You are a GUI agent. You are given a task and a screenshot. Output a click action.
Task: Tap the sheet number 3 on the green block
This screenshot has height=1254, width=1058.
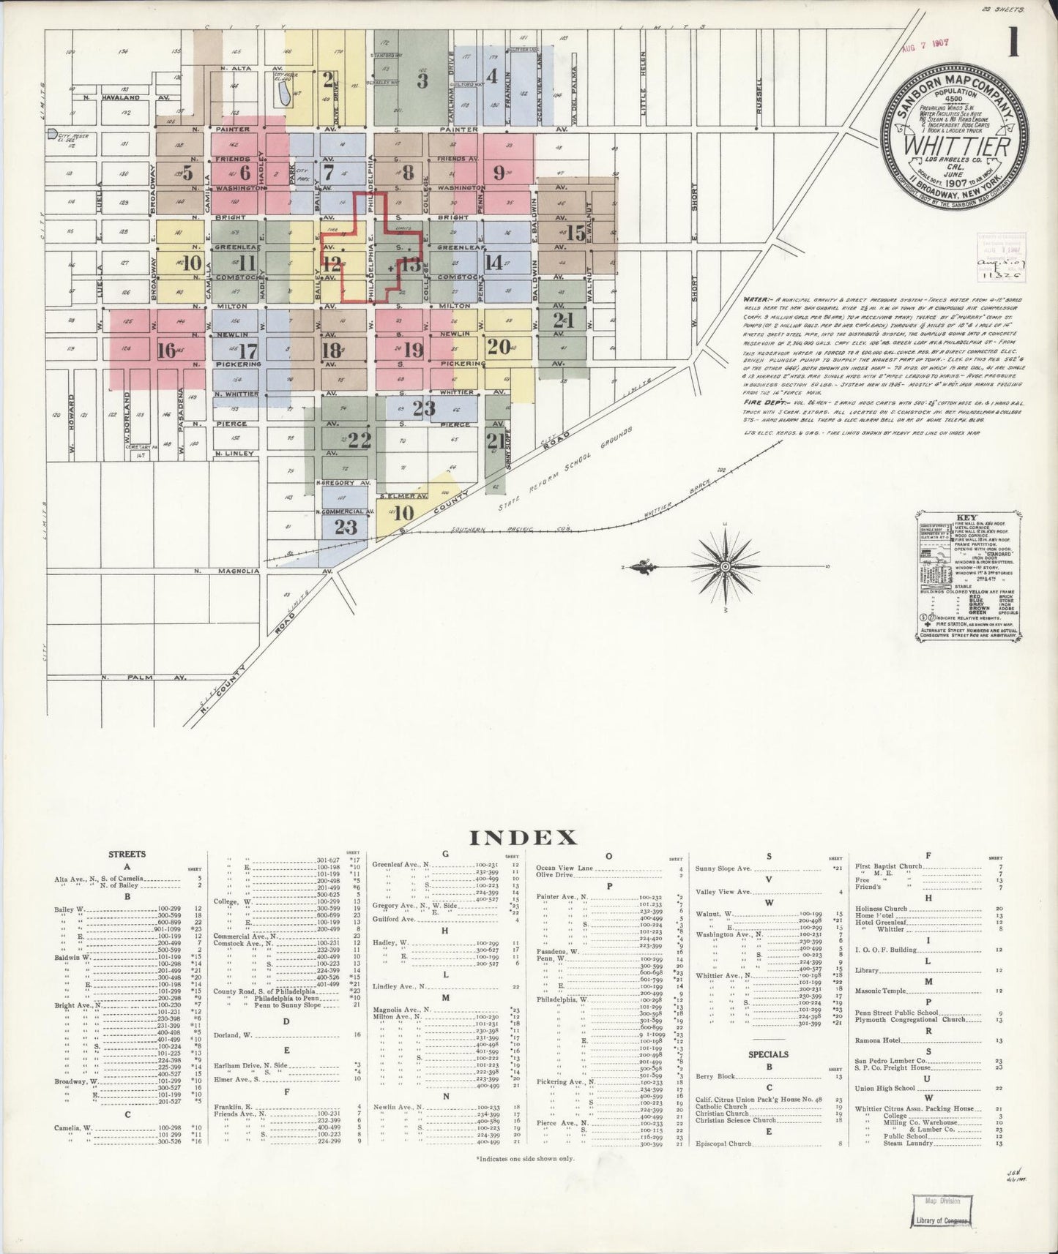pyautogui.click(x=422, y=80)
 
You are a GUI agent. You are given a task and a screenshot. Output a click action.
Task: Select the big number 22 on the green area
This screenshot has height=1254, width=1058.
pyautogui.click(x=359, y=440)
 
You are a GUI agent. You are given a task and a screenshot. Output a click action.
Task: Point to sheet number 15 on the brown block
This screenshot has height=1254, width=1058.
pyautogui.click(x=575, y=233)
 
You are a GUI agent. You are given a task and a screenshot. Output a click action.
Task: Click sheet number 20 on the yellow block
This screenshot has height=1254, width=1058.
pyautogui.click(x=499, y=347)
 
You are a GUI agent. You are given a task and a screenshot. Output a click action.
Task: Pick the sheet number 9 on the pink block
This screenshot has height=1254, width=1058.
pyautogui.click(x=499, y=173)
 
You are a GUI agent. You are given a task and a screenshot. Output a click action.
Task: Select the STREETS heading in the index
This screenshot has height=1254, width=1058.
pyautogui.click(x=127, y=854)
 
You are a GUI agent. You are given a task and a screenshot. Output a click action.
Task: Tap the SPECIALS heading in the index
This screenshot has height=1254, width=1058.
pyautogui.click(x=768, y=1054)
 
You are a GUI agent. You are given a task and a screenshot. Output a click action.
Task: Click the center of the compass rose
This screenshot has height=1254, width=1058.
pyautogui.click(x=724, y=567)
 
